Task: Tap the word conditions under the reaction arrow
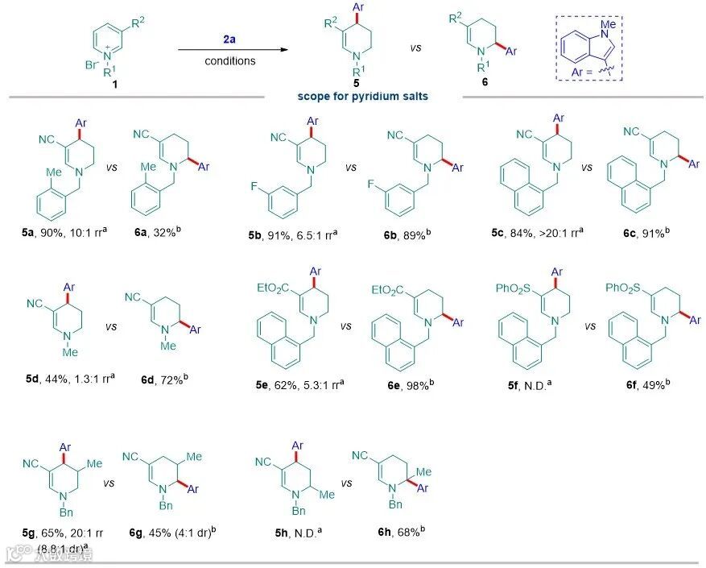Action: tap(230, 60)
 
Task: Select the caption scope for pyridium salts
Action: tap(363, 97)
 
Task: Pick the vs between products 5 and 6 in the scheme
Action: tap(416, 48)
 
